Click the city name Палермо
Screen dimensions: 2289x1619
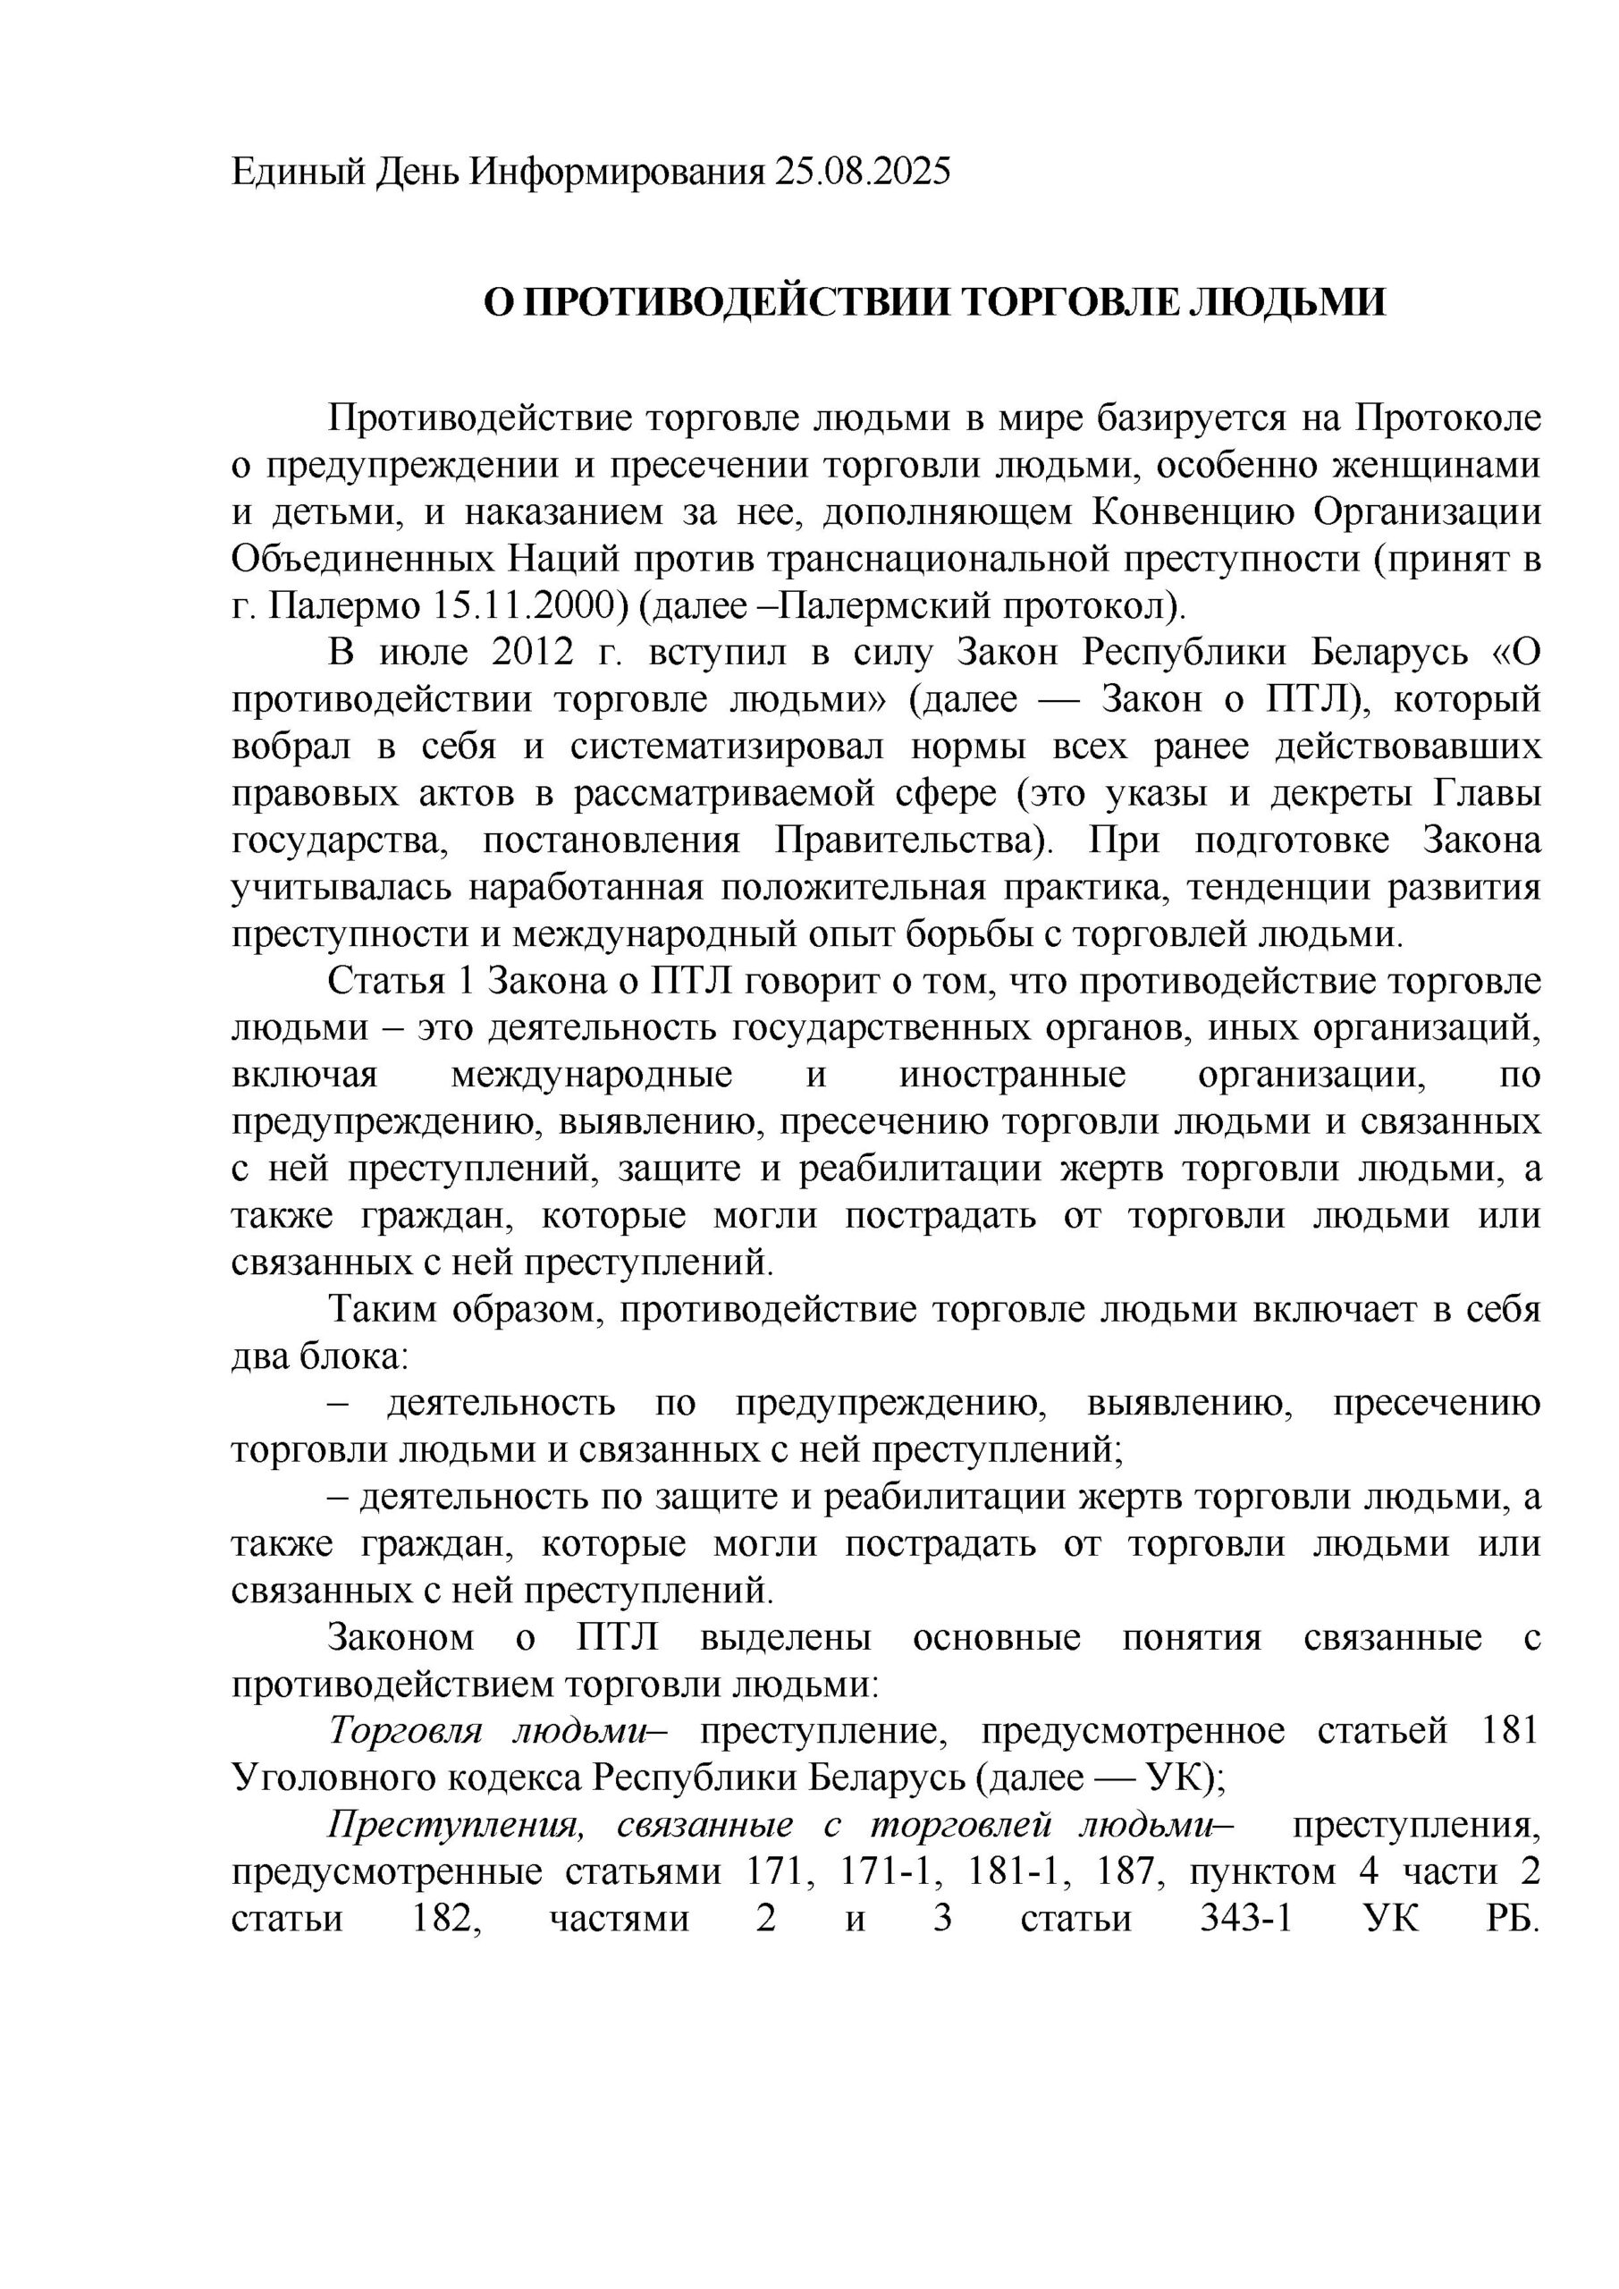point(343,607)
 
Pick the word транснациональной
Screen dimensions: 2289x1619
point(938,561)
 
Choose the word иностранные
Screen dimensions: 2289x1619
point(1013,1076)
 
